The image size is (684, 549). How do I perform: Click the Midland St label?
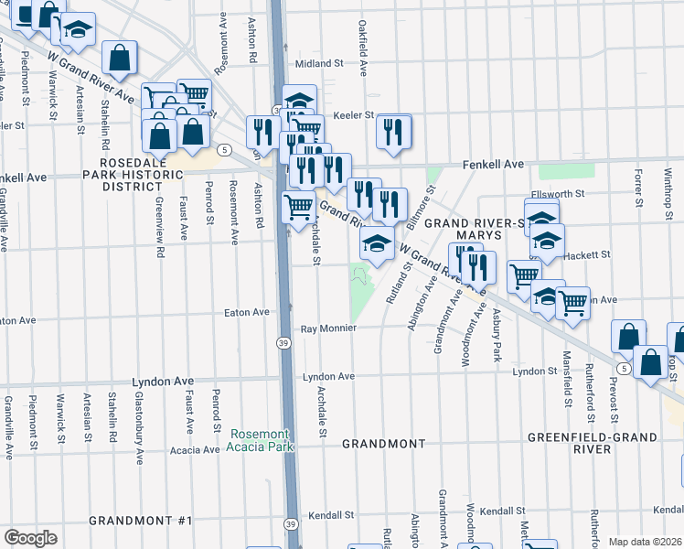(318, 64)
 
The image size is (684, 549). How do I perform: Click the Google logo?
(30, 537)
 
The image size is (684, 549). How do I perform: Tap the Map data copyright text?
(645, 542)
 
